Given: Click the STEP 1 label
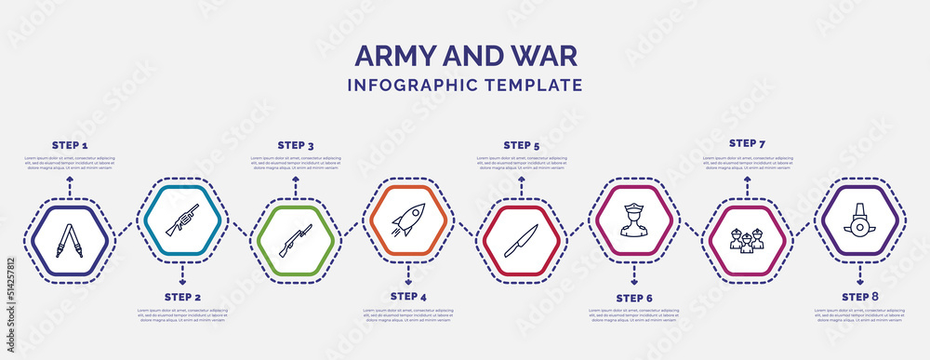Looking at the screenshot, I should (70, 146).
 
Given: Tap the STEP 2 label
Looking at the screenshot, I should (183, 296).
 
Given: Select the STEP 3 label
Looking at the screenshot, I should (296, 145).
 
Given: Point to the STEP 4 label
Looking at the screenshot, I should (409, 296).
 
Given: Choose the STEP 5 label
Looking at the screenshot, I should (522, 145).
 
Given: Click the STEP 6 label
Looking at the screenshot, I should (634, 298).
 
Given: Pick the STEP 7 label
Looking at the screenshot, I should (748, 143).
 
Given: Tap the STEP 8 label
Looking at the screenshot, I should (860, 296).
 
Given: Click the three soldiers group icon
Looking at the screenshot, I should (747, 239).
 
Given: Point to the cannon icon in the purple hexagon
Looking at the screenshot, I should (860, 220).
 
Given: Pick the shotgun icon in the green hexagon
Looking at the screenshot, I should (296, 239).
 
